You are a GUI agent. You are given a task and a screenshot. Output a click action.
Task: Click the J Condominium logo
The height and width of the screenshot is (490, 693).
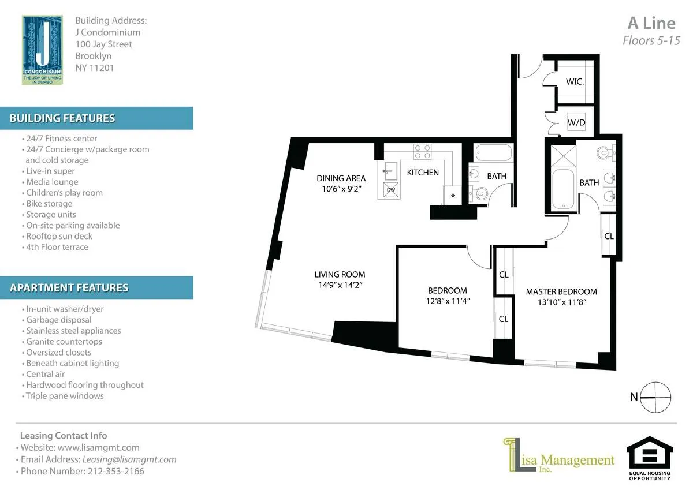tap(42, 50)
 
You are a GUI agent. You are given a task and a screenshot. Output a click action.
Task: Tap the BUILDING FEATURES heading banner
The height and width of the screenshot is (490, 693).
tap(96, 118)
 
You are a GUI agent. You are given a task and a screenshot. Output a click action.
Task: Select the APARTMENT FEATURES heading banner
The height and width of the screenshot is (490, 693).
tap(96, 287)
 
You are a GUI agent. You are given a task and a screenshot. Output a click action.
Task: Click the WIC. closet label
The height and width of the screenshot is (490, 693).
tap(575, 82)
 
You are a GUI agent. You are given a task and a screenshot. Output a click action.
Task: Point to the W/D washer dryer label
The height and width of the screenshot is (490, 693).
tap(576, 122)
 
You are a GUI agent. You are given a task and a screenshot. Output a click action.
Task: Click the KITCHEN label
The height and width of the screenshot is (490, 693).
tap(423, 173)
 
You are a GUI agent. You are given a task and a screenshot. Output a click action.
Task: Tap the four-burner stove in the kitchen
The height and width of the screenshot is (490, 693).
tap(422, 151)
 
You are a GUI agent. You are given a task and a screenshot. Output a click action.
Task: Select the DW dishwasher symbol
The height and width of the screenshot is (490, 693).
tap(391, 189)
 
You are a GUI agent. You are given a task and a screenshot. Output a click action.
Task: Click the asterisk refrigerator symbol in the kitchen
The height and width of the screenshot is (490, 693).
tap(452, 196)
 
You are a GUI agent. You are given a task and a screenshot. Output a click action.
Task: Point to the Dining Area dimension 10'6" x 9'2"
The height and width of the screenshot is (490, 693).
tap(341, 188)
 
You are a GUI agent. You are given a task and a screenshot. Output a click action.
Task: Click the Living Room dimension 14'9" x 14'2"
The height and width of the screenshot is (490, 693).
tap(340, 285)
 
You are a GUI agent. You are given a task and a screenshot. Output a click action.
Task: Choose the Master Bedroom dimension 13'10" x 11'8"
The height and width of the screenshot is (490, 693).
tap(561, 302)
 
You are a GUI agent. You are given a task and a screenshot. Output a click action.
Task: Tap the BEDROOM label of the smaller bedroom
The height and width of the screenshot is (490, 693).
tap(447, 290)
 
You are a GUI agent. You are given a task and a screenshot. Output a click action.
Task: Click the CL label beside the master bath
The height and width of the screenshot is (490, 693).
tap(609, 236)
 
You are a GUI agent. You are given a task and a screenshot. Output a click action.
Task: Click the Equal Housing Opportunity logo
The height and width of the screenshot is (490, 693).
tap(650, 458)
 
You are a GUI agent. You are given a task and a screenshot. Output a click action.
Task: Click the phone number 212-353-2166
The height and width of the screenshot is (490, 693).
tap(115, 471)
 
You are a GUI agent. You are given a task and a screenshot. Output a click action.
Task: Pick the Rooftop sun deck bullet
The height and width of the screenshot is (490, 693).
tap(59, 236)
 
